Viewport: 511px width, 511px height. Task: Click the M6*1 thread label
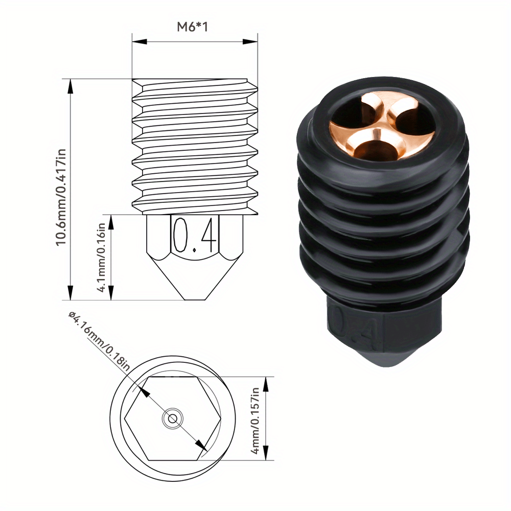point(194,27)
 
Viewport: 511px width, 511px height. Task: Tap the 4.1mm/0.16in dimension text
point(102,257)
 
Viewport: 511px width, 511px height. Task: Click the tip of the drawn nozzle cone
point(195,299)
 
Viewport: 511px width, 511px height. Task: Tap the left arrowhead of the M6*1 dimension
point(136,41)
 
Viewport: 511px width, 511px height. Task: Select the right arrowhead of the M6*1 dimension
point(252,41)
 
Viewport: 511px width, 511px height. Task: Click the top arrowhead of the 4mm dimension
point(266,381)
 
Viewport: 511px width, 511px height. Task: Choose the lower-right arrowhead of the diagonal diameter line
point(204,448)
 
